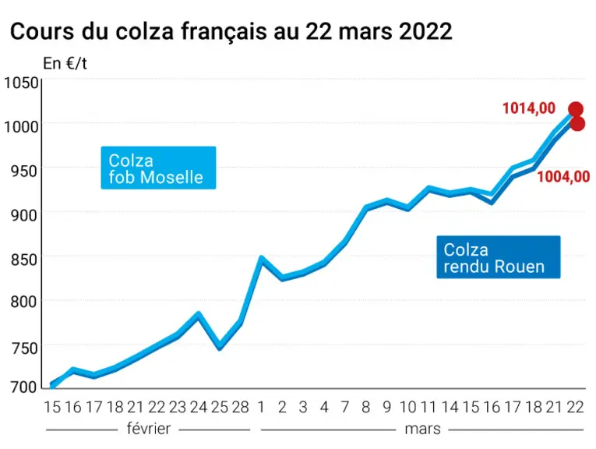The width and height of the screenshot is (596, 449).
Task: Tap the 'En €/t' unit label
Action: click(x=65, y=63)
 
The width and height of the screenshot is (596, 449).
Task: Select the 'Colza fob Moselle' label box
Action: click(x=158, y=168)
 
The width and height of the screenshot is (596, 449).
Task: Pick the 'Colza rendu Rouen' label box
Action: click(x=499, y=257)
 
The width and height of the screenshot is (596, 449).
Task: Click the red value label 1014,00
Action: click(x=529, y=108)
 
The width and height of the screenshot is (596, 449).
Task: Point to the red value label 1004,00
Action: click(x=563, y=177)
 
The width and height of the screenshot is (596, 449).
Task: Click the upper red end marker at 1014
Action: click(x=576, y=109)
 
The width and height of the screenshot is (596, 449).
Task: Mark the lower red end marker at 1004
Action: click(x=577, y=124)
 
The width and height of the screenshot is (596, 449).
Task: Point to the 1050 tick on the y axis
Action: click(x=21, y=83)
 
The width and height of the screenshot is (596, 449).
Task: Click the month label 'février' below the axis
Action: click(x=149, y=429)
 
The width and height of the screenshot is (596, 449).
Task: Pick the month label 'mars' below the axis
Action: click(x=423, y=430)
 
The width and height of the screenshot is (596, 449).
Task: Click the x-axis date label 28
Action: click(x=240, y=407)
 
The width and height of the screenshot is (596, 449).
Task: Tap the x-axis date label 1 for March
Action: click(x=261, y=407)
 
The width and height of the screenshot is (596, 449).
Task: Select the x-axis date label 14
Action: click(x=450, y=407)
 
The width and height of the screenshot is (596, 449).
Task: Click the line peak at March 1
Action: click(x=262, y=258)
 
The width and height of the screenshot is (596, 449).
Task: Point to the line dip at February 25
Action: click(x=220, y=348)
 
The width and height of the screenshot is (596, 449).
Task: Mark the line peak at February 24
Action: click(x=199, y=314)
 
